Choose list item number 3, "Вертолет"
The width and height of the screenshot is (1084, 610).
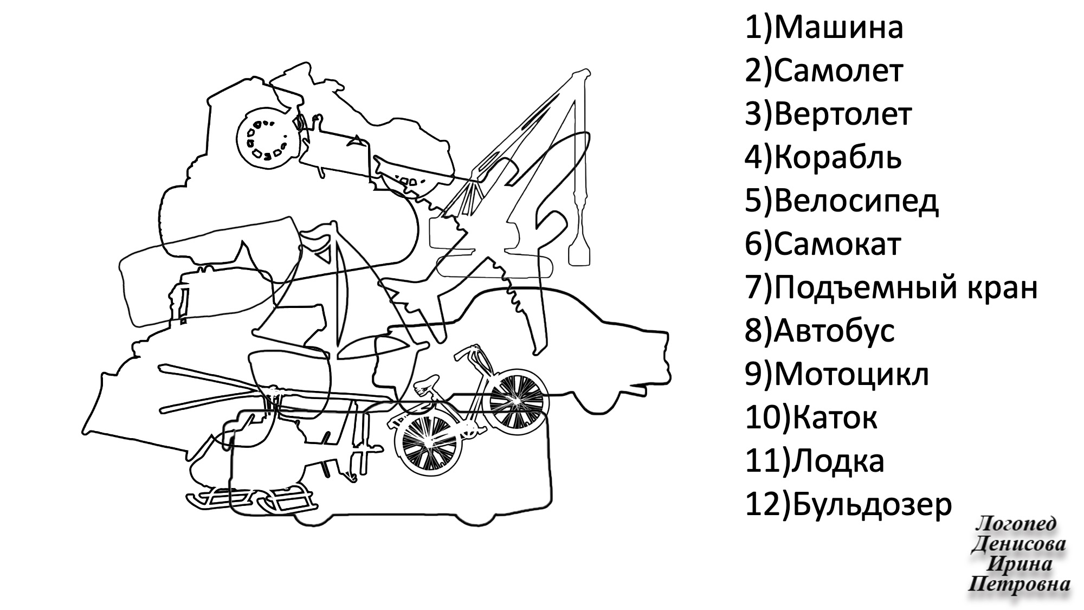(828, 114)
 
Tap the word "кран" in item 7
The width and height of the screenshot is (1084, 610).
(1002, 288)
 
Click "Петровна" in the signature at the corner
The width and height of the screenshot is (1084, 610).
(1019, 585)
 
